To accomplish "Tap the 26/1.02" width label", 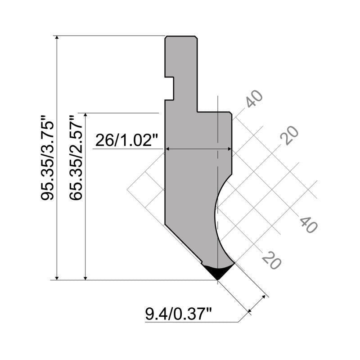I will (x=128, y=141).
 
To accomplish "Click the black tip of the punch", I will (x=217, y=271).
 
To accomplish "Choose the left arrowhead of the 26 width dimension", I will (x=168, y=148).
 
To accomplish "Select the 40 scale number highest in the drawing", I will (x=253, y=99).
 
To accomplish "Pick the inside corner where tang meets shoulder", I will (x=198, y=112).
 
